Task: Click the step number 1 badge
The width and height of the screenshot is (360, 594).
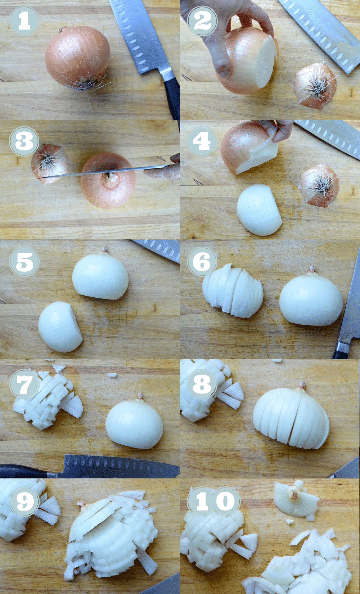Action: (24, 21)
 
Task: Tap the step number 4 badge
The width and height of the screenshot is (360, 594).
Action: (202, 141)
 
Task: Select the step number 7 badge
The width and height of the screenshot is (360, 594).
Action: (24, 384)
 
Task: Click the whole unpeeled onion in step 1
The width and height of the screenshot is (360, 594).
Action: (78, 56)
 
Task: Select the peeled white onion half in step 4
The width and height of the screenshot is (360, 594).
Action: (258, 210)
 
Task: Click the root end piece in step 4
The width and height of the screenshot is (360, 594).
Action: (319, 185)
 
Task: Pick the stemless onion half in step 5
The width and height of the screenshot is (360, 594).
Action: (60, 327)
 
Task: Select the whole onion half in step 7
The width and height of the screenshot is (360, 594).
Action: (134, 424)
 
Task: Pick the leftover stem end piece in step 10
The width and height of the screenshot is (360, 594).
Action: (295, 499)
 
